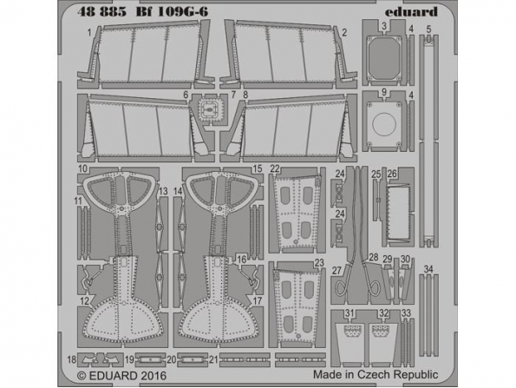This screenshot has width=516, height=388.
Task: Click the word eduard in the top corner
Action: click(x=411, y=12)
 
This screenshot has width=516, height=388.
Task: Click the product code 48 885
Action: click(x=101, y=12)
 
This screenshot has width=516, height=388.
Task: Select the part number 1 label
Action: click(x=89, y=33)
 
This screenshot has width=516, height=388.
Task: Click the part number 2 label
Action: click(x=344, y=33)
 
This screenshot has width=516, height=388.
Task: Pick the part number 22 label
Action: click(x=275, y=169)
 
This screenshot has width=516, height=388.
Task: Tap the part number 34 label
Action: click(x=428, y=269)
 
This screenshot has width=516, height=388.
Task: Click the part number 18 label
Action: click(x=72, y=359)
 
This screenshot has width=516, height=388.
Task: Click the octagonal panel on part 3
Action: click(x=384, y=56)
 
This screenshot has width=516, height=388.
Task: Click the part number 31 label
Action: click(x=349, y=312)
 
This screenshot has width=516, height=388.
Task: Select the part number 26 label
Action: click(x=392, y=174)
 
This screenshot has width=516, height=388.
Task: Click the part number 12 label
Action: click(x=85, y=300)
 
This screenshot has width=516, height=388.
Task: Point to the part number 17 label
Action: click(x=258, y=301)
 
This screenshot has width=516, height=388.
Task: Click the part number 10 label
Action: click(x=82, y=169)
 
